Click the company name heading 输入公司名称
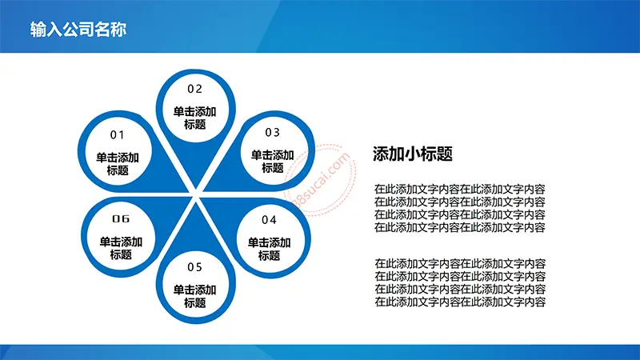point(78,30)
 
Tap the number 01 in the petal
point(117,134)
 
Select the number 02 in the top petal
point(194,89)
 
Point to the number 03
point(272,132)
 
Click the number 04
point(269,220)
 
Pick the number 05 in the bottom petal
point(194,267)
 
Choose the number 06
point(121,218)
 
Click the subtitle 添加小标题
point(413,154)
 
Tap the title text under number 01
point(118,164)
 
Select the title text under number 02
point(194,118)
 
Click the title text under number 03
point(272,162)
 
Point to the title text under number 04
point(269,249)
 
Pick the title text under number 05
point(194,296)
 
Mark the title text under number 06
point(121,248)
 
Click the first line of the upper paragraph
point(460,189)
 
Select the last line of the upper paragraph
point(460,227)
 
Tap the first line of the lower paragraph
point(460,264)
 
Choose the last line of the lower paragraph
point(460,302)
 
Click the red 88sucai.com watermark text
point(322,179)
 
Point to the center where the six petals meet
point(195,195)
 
